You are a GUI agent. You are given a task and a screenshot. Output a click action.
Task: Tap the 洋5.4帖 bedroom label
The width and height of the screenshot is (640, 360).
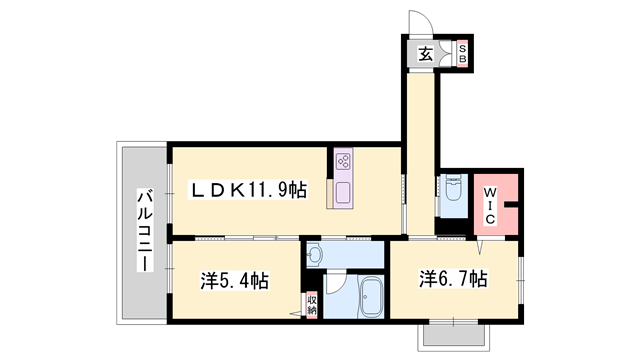(234, 281)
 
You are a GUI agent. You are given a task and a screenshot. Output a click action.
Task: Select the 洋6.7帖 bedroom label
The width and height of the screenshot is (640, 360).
(454, 280)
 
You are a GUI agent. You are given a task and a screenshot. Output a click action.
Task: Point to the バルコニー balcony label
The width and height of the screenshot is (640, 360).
(145, 230)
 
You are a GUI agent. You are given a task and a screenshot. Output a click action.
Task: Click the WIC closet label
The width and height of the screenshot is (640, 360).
(490, 205)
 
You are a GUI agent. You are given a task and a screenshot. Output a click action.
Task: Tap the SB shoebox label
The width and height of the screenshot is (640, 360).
(462, 53)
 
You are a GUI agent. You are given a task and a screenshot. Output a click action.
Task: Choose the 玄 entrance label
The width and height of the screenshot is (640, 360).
(426, 53)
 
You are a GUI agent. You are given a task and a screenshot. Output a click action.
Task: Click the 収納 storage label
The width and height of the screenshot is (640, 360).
(312, 304)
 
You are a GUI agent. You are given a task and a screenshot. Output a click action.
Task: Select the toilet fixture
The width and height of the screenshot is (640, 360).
(453, 188)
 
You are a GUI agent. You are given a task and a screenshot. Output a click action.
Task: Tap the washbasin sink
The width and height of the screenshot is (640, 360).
(315, 256)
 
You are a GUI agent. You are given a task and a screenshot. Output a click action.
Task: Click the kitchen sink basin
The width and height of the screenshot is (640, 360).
(343, 192)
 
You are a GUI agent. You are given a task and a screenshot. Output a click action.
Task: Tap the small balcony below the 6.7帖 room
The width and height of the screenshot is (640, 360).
(453, 336)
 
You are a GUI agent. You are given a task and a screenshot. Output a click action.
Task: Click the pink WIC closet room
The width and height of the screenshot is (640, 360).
(496, 204)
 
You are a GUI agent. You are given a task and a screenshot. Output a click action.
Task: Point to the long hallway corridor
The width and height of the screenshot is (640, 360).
(421, 154)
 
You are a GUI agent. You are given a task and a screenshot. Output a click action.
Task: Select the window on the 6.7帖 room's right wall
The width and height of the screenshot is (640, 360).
(520, 280)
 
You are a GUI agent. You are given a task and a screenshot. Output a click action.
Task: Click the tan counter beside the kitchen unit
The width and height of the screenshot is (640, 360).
(329, 193)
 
